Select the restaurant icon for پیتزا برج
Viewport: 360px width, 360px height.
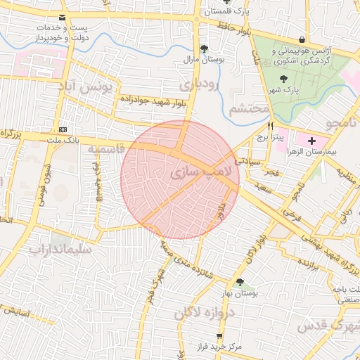(x=261, y=127)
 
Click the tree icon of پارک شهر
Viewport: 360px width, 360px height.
(x=283, y=79)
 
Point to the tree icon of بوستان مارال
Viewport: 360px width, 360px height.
(x=204, y=49)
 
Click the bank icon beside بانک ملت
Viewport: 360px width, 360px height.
(x=64, y=129)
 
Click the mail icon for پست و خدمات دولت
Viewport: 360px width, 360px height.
(x=63, y=17)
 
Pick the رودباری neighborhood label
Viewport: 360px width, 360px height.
(x=199, y=84)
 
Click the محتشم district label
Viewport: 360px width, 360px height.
(x=250, y=108)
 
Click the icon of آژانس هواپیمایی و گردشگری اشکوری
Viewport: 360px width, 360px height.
(x=302, y=39)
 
